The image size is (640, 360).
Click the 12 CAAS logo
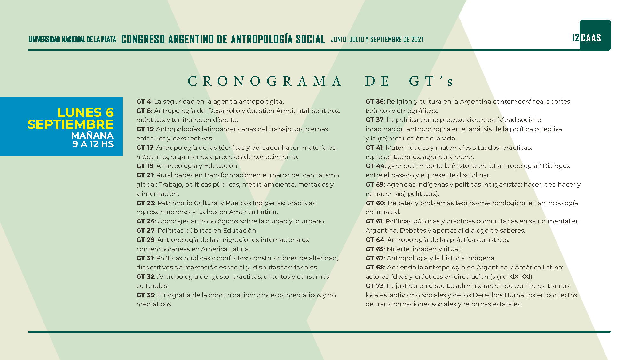(595, 36)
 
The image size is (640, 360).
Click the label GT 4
(144, 102)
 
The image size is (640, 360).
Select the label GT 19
(145, 166)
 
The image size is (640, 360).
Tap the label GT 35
(145, 295)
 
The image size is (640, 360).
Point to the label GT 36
(375, 102)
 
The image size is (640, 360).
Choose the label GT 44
(375, 166)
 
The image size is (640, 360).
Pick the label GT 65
(375, 249)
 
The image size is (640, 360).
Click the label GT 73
(375, 286)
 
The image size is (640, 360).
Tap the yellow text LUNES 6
(85, 113)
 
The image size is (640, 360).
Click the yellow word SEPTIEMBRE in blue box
(71, 124)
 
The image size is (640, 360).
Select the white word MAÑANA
(92, 136)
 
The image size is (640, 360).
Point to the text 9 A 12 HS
(93, 144)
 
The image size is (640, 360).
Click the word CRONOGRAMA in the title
(264, 81)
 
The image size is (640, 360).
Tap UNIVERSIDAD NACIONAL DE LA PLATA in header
(73, 40)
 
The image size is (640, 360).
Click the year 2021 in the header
(417, 40)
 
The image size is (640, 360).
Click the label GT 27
(145, 230)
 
